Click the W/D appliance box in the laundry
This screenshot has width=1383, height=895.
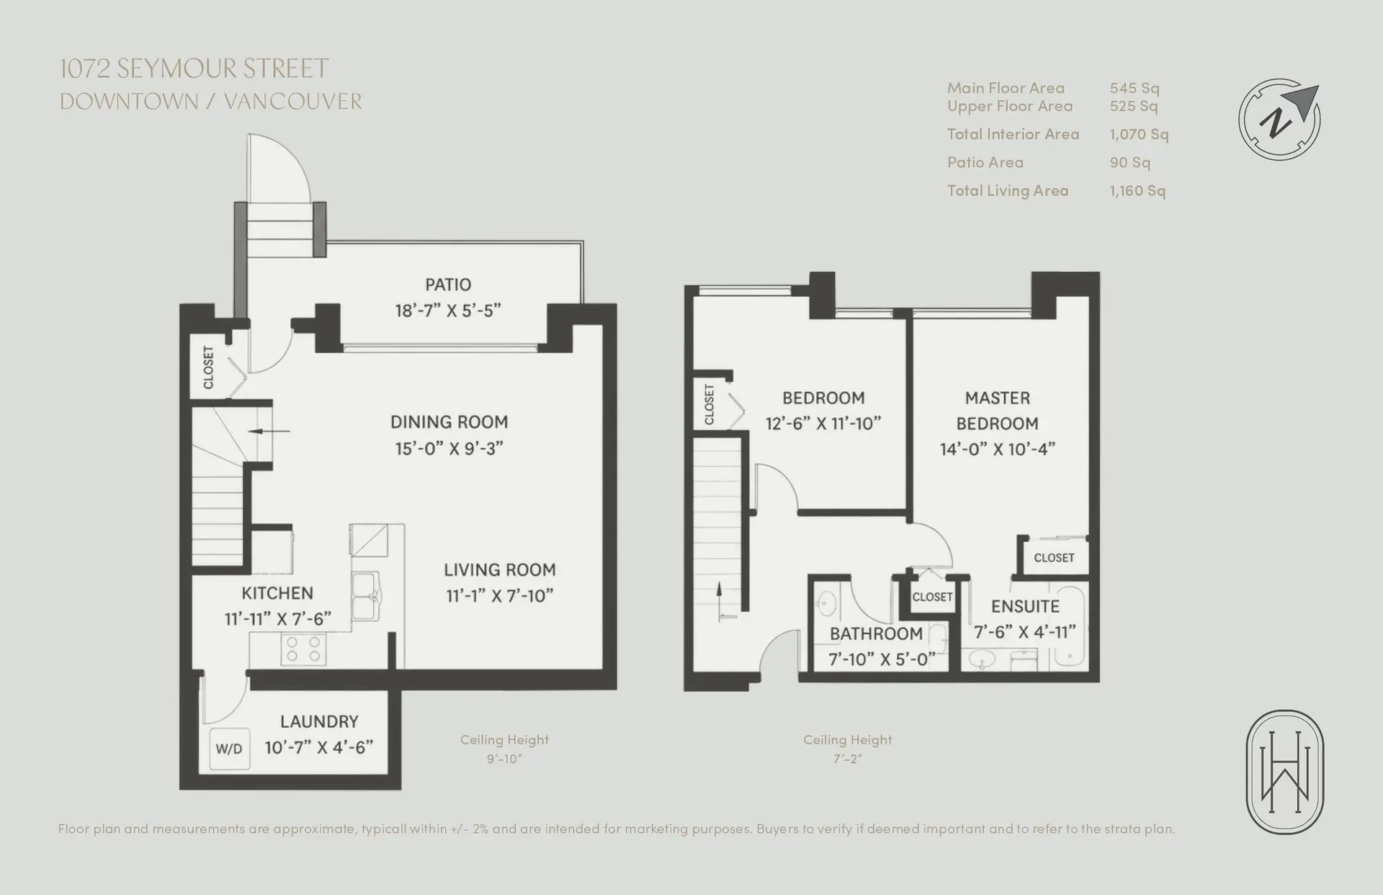click(229, 749)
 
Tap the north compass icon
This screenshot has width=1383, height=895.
click(1279, 119)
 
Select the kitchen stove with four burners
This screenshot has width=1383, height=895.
click(303, 648)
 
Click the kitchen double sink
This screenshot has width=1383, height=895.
click(366, 597)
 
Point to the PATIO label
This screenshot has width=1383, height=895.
click(448, 285)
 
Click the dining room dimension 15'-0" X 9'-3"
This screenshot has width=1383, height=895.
click(449, 448)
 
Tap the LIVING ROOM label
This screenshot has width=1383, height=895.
click(500, 570)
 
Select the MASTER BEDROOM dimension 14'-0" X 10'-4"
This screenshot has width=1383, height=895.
click(998, 449)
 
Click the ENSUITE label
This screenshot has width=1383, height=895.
click(1025, 607)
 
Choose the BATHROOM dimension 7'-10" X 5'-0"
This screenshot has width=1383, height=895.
click(882, 659)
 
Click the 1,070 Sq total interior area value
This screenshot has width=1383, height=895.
click(1139, 134)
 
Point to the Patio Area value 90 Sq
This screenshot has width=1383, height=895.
click(1129, 162)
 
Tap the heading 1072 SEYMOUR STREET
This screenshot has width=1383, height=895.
click(194, 69)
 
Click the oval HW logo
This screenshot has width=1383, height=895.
click(1285, 772)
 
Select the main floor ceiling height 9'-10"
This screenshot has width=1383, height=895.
click(504, 759)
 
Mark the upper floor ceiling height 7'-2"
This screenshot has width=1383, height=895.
click(847, 759)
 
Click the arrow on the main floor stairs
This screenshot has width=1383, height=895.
click(269, 432)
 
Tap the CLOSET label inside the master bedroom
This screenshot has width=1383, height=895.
click(1054, 558)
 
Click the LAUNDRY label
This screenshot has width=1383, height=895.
click(319, 721)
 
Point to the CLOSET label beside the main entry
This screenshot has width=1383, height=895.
click(209, 368)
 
